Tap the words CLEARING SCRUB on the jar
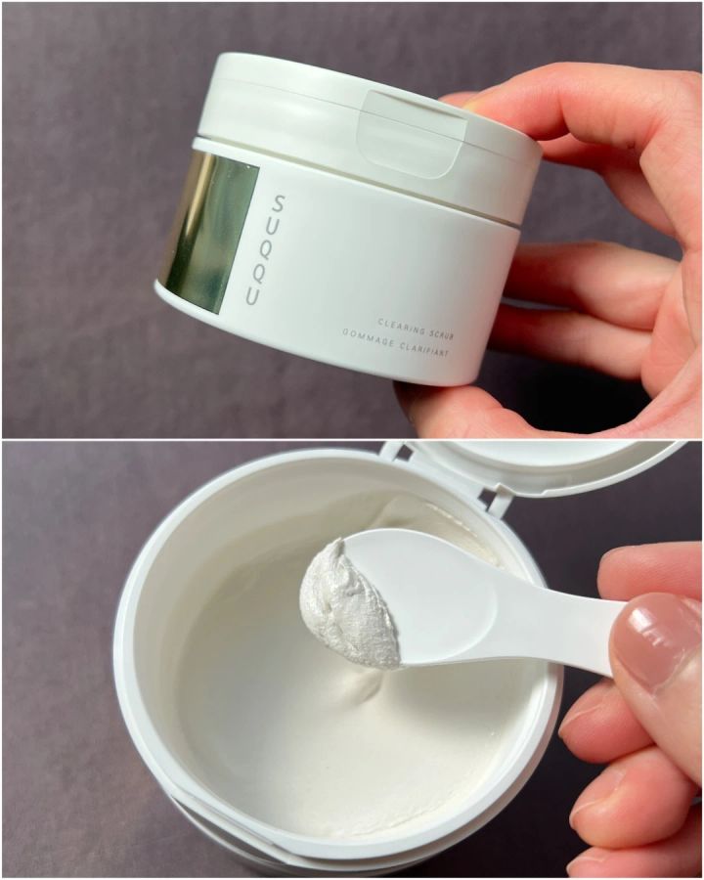tap(416, 329)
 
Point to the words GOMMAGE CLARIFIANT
tap(398, 344)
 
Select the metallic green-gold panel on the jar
tap(209, 230)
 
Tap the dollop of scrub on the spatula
tap(348, 603)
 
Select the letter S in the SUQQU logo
tap(278, 203)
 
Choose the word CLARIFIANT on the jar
tap(427, 350)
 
